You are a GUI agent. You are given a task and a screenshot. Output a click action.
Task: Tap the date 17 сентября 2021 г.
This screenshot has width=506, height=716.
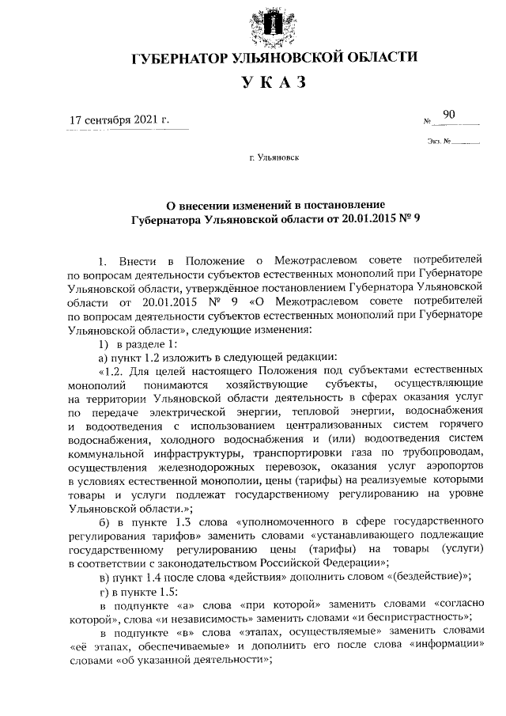119,120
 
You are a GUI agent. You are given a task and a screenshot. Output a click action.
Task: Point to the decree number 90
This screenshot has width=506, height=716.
449,116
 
